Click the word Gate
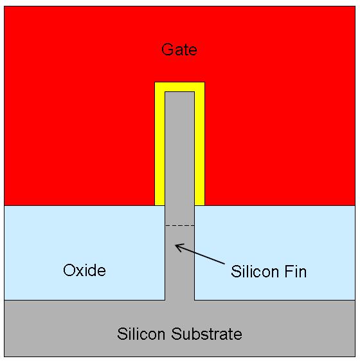(x=179, y=50)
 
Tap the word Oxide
(x=84, y=270)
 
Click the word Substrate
(x=206, y=333)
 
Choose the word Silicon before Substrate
(x=141, y=333)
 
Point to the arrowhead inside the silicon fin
(x=179, y=247)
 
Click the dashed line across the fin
(x=179, y=226)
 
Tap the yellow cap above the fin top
(x=179, y=87)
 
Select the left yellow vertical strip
(x=160, y=149)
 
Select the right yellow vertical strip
(x=200, y=149)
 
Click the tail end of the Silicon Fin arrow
(x=224, y=264)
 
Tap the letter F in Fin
(x=289, y=272)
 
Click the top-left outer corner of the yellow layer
(x=155, y=82)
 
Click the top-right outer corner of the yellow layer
(x=204, y=82)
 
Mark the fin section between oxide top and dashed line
(x=179, y=216)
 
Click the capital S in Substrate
(x=176, y=333)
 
